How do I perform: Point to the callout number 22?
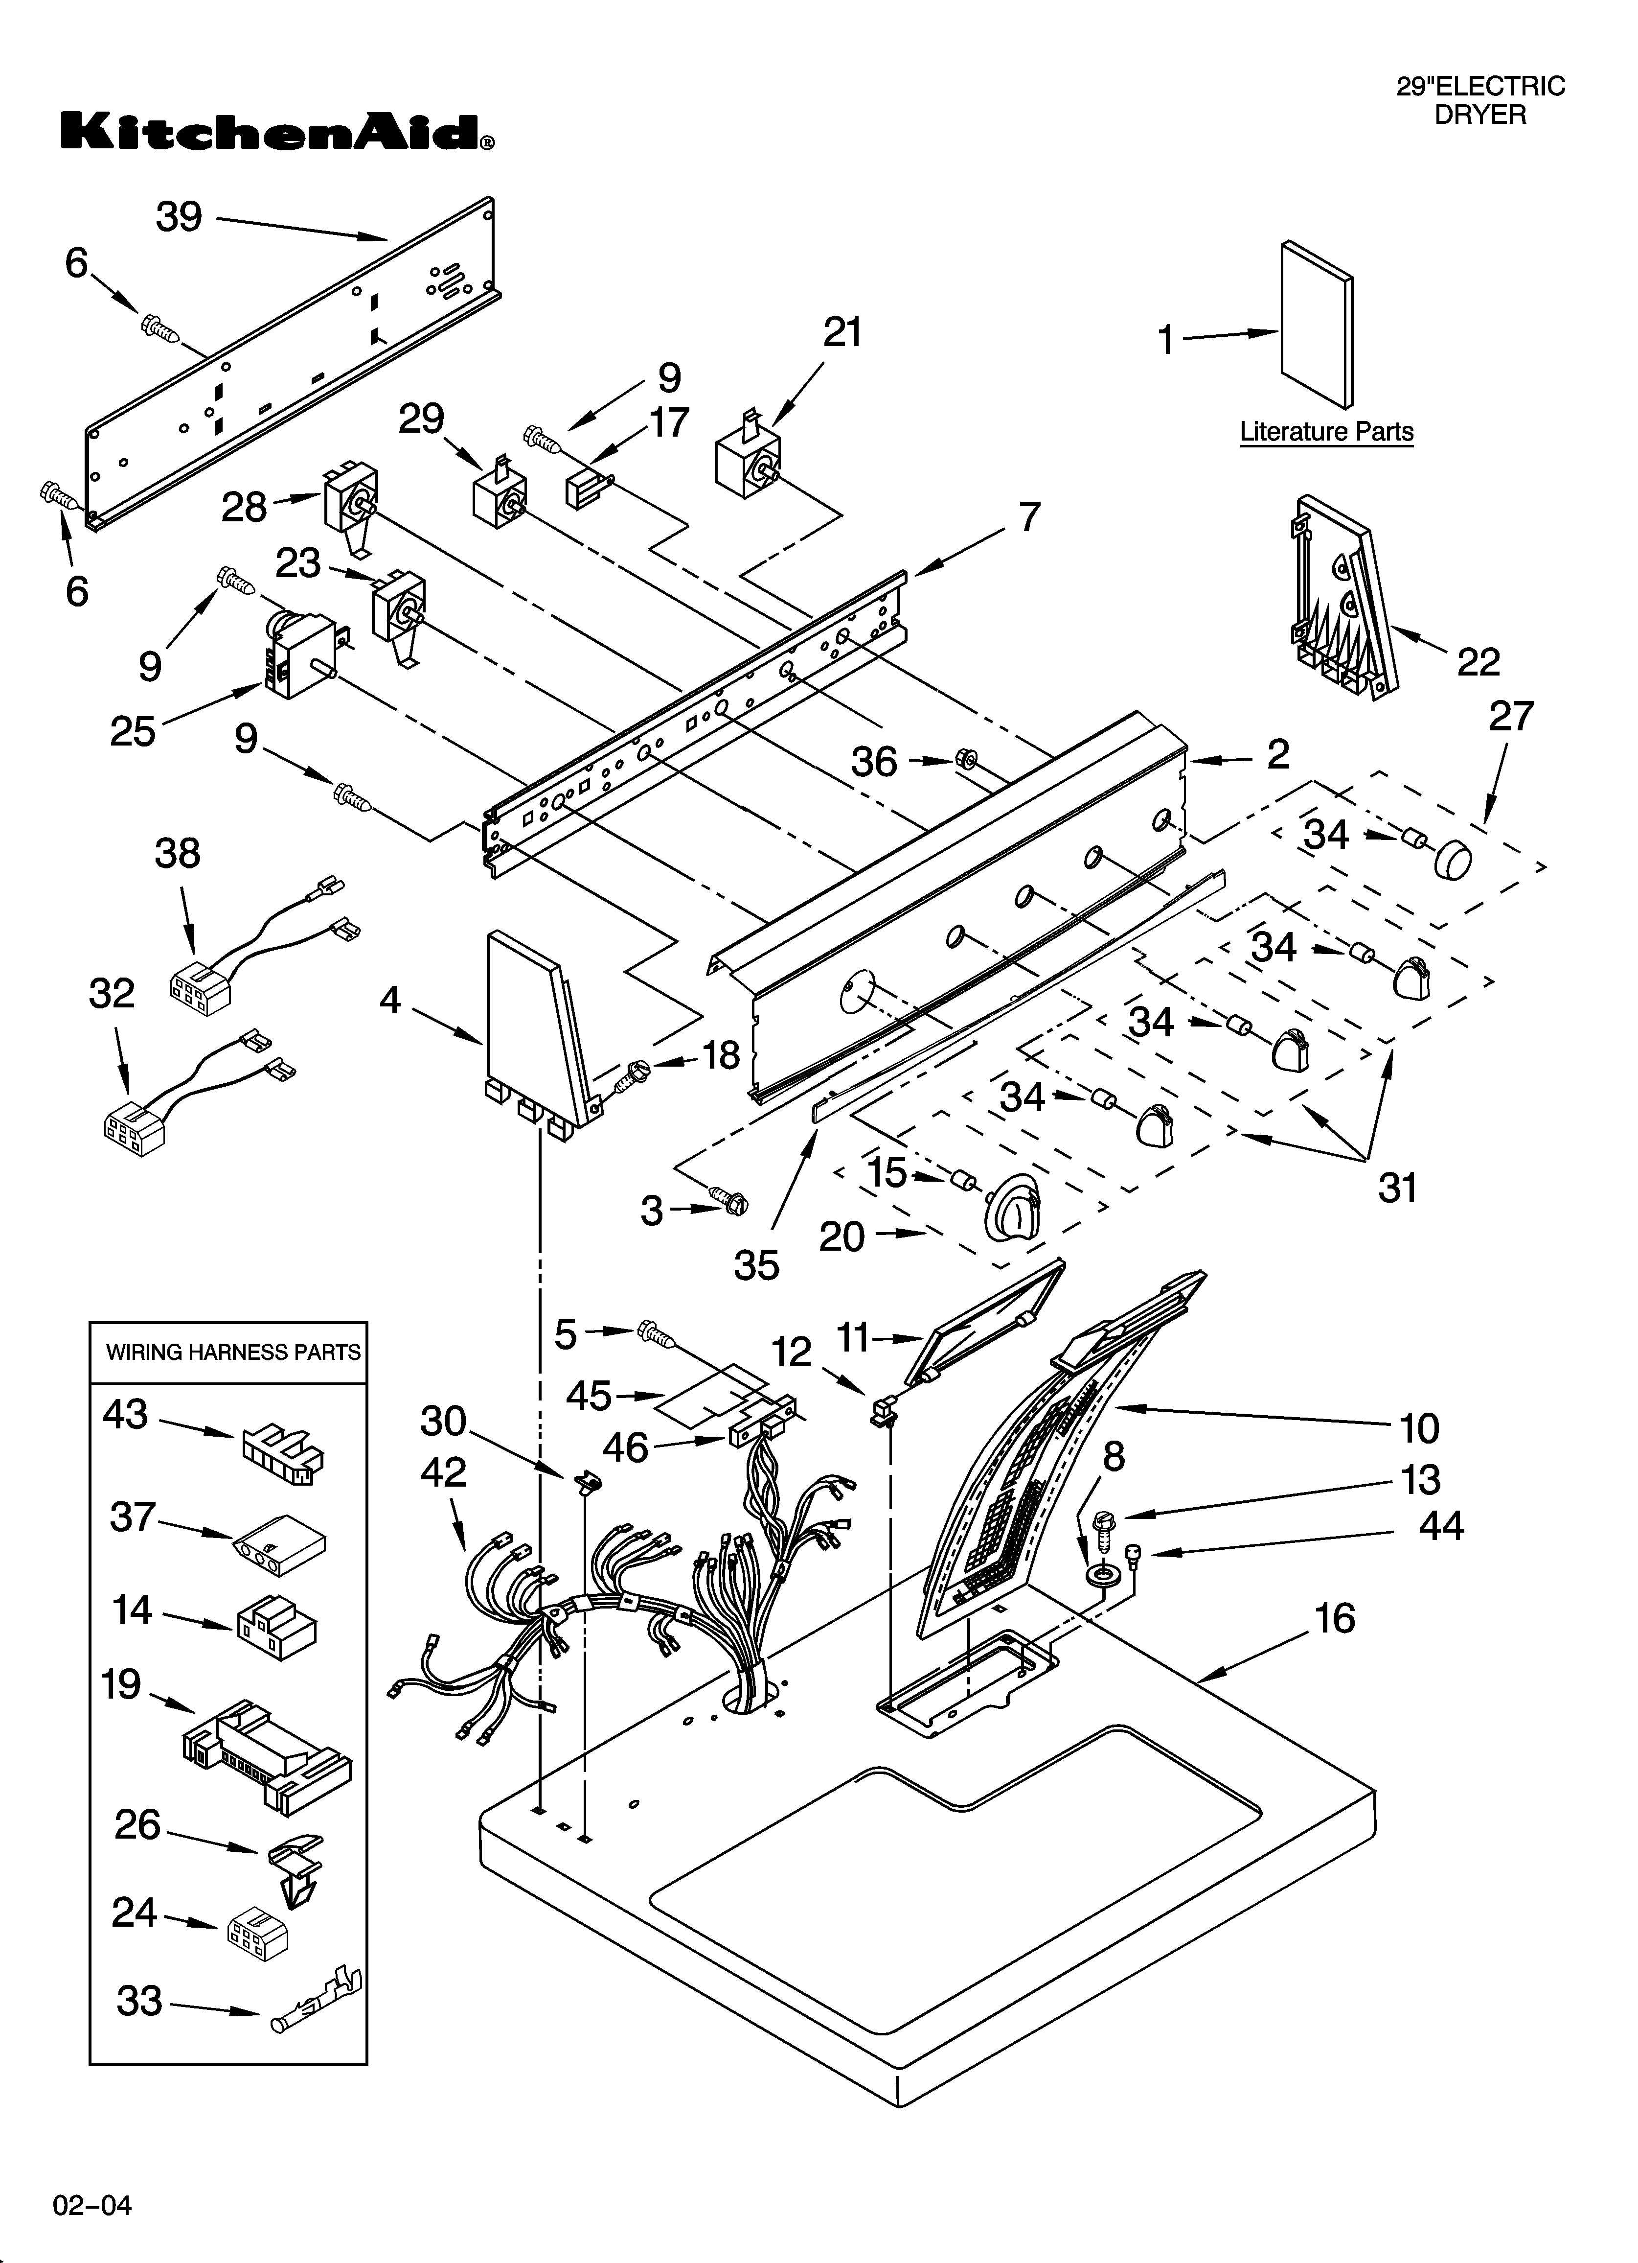click(x=1479, y=661)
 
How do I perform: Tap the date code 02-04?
click(x=92, y=2197)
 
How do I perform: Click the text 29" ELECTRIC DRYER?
click(x=1480, y=100)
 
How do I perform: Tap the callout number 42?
click(x=443, y=1473)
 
